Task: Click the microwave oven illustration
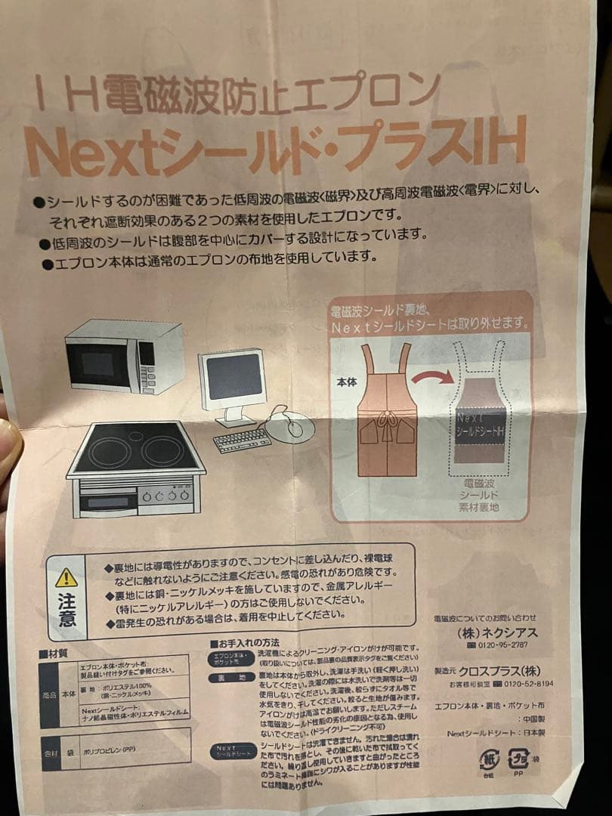click(x=124, y=356)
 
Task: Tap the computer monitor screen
click(x=233, y=378)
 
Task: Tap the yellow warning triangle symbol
click(x=66, y=577)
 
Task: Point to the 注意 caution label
click(x=67, y=610)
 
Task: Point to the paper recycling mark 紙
click(x=489, y=759)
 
